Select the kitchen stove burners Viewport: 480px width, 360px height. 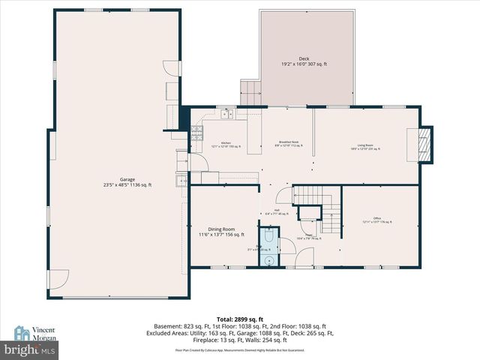(x=197, y=133)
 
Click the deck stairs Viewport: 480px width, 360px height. (x=250, y=93)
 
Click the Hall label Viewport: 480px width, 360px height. (x=277, y=211)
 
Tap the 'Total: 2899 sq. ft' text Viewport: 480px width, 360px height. (x=239, y=319)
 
